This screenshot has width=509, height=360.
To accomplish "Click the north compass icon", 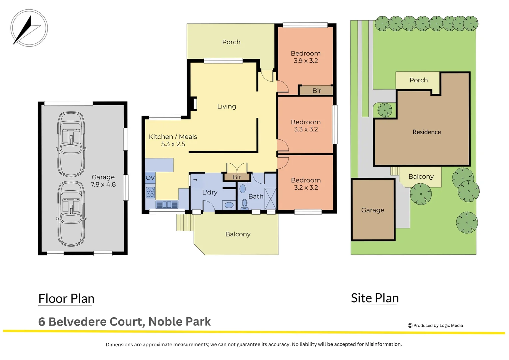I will [29, 28].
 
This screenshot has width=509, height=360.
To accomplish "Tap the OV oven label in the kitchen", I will [150, 178].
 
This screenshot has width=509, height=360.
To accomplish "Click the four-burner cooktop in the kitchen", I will [150, 193].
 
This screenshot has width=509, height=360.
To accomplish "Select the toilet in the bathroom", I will [245, 204].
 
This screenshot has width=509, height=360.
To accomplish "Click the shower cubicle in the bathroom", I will [270, 199].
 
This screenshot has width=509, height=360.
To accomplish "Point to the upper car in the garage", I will [71, 144].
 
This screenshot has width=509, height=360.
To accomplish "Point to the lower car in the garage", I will [71, 214].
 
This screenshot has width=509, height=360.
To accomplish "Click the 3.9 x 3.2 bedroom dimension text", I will [305, 61].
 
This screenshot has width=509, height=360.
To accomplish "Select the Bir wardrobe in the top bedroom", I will [316, 90].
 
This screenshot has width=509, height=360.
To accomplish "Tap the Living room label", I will [227, 106].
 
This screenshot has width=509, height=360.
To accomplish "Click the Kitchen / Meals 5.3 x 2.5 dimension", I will [173, 144].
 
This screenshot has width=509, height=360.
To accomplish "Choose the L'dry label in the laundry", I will [210, 192].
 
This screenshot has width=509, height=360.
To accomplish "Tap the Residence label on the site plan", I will [426, 132].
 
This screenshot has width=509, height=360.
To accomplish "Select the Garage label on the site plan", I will [372, 210].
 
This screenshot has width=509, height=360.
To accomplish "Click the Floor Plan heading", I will [66, 298].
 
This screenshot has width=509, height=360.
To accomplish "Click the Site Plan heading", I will [375, 298].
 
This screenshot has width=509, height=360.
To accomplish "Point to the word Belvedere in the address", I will [78, 322].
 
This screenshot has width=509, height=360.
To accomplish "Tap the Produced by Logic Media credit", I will [435, 325].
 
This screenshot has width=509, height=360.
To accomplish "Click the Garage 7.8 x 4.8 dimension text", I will [103, 184].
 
